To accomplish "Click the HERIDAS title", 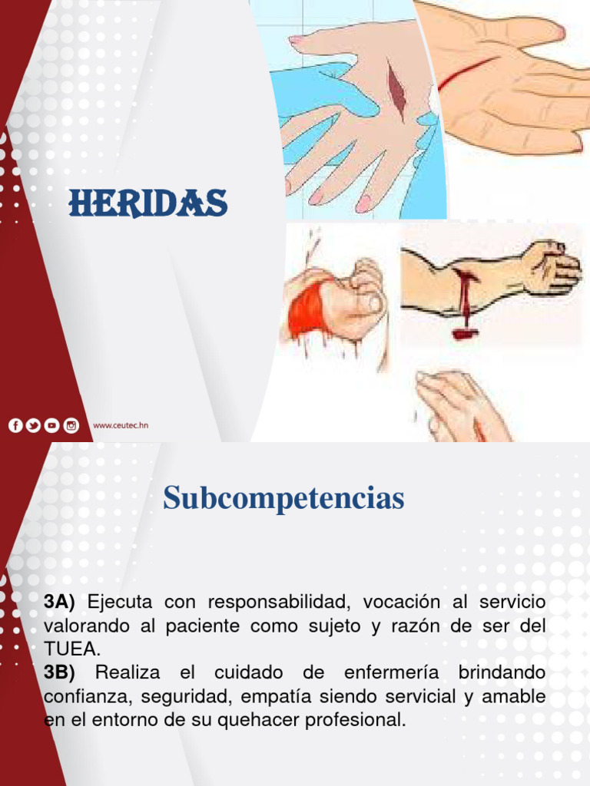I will [147, 203].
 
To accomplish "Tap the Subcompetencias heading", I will [283, 499].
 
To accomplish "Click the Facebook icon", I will [16, 425].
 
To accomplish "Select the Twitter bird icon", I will [34, 425].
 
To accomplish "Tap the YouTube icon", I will [52, 425].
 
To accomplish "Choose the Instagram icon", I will [71, 425].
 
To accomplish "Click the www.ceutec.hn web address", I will [120, 425].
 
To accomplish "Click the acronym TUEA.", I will [72, 649].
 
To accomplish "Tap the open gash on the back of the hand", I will [396, 87].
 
